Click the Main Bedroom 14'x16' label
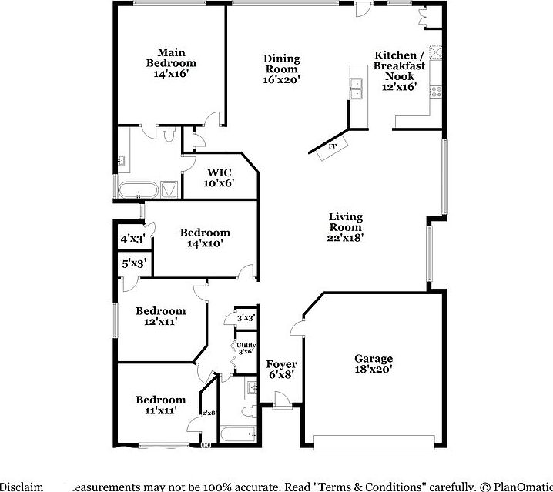pos(172,63)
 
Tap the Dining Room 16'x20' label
pos(281,69)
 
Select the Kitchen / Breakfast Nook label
pos(399,71)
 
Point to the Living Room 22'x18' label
pos(345,227)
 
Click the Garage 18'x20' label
pos(373,363)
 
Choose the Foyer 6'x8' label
pos(281,370)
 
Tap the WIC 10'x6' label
pos(219,178)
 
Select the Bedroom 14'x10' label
pos(204,238)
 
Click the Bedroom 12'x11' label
pos(160,316)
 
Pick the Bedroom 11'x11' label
pos(160,405)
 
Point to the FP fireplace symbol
pos(333,146)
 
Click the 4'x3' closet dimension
pos(132,239)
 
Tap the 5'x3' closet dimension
pos(132,264)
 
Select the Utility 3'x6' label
pos(246,348)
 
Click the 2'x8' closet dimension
pos(209,413)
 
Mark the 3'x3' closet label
pos(246,317)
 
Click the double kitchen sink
pos(357,89)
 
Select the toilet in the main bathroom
pos(169,133)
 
